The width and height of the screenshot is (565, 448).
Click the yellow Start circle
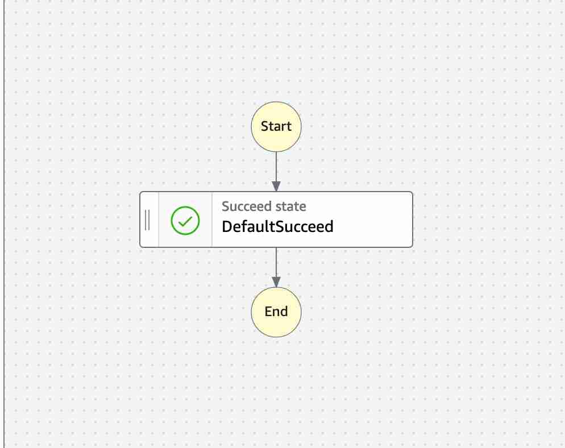point(276,127)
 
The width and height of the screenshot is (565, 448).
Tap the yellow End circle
point(276,312)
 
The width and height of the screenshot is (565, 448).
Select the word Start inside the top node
point(276,126)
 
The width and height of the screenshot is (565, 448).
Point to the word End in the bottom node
point(276,312)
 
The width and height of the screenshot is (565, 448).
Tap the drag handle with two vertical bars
point(147,220)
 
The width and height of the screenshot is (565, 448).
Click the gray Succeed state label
point(264,206)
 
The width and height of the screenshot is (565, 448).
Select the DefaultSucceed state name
point(277,226)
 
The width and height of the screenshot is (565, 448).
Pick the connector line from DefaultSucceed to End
point(276,267)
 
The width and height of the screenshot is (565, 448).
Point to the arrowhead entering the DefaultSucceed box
point(276,186)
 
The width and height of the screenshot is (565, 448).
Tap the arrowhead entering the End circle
point(276,282)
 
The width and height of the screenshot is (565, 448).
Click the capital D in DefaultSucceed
point(227,226)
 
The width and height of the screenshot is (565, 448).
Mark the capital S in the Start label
point(264,126)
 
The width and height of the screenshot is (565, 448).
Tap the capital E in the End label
point(268,312)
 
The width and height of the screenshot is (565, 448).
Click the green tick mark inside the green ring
point(185,221)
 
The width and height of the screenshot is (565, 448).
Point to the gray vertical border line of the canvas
point(5,224)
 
